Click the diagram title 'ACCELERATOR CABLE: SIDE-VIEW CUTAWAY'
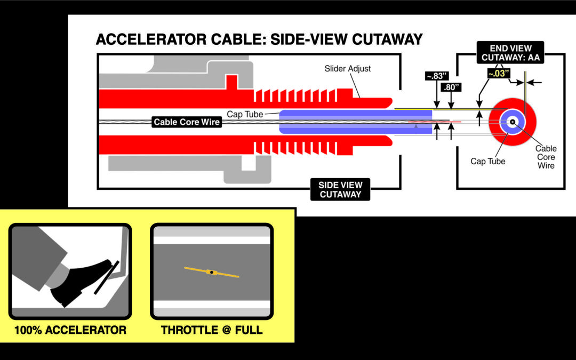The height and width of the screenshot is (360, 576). [259, 40]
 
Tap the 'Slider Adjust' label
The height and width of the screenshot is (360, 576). [348, 69]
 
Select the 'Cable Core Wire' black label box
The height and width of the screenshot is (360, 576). [186, 122]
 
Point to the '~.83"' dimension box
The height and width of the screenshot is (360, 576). [436, 76]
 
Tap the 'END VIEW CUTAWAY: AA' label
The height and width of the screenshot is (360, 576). [510, 53]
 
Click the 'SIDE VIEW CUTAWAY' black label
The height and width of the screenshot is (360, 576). [340, 190]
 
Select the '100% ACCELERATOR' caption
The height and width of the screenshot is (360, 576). [70, 330]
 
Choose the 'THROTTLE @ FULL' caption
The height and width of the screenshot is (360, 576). [212, 330]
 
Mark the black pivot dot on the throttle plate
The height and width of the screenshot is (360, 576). [212, 273]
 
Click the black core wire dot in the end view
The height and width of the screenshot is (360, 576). [512, 122]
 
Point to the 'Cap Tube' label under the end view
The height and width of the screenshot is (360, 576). [487, 161]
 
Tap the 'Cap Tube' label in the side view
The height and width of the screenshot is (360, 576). [244, 114]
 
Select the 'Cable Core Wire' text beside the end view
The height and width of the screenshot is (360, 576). [546, 157]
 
